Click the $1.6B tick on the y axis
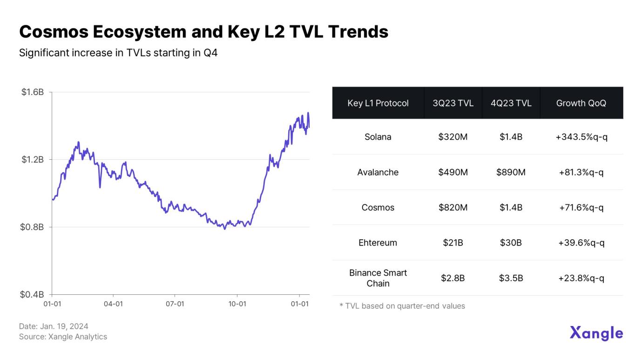33,92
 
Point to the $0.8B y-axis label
33,227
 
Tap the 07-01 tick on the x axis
175,304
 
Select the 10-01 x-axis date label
237,304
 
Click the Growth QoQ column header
581,103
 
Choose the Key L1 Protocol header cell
378,103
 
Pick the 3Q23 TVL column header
453,103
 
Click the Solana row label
378,137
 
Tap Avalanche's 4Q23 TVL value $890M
511,172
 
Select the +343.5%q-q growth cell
581,137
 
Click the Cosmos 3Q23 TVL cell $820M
453,207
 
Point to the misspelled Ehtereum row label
378,243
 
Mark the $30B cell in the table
511,243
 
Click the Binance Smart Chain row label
378,278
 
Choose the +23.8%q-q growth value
581,278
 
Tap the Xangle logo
596,333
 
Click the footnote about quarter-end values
402,306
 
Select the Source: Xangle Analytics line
63,337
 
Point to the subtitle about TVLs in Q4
118,53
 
